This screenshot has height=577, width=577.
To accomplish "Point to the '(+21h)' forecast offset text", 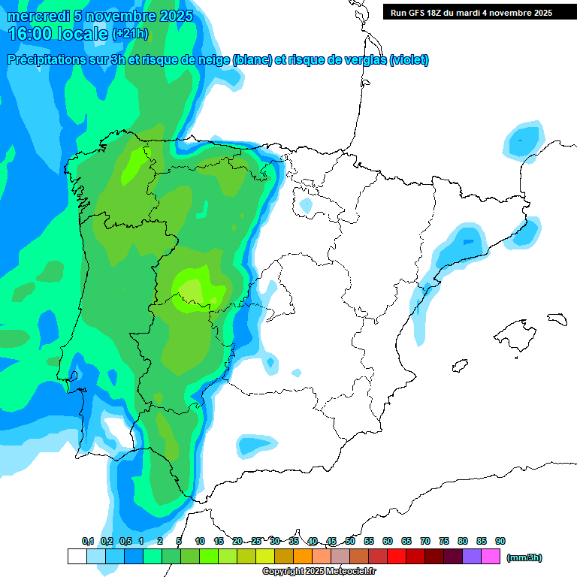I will tap(131, 34).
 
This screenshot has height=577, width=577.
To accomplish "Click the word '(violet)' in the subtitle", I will tap(409, 60).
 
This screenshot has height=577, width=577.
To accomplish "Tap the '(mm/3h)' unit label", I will tap(524, 557).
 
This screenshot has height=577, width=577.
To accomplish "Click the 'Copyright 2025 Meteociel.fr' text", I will tap(319, 572).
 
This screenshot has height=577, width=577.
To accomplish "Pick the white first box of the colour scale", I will tap(77, 557).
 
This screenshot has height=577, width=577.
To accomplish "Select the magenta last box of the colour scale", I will tap(491, 557).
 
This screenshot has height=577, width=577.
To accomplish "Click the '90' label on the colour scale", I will tap(500, 541).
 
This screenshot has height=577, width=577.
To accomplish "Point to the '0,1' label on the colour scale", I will tap(88, 541).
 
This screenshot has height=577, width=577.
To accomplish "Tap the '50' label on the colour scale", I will tap(350, 541).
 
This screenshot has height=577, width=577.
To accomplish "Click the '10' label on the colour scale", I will tap(200, 541).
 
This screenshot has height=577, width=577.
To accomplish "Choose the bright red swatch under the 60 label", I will tap(397, 557).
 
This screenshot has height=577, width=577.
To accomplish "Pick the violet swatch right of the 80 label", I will tap(472, 557).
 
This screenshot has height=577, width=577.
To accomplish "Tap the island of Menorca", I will tap(557, 319).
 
